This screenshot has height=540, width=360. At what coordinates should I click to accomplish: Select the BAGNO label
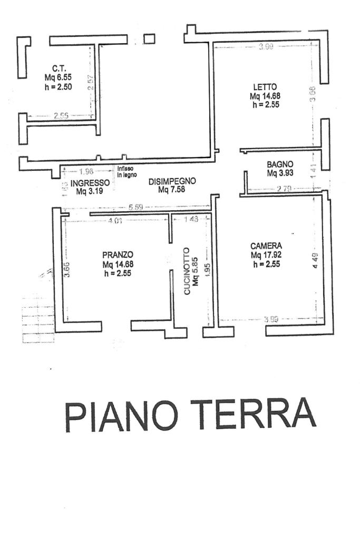click(279, 164)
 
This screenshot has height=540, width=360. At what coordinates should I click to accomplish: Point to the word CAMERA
click(266, 246)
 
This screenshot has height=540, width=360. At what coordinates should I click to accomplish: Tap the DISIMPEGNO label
click(172, 181)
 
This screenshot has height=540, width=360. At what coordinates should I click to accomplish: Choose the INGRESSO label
click(90, 183)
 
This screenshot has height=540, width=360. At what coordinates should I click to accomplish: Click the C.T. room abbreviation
click(58, 68)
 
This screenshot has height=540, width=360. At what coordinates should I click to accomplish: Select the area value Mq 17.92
click(268, 255)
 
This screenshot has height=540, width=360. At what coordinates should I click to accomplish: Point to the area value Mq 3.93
click(280, 173)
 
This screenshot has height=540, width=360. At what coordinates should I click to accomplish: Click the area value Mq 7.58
click(171, 190)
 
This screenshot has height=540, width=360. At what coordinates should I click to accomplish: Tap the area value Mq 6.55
click(58, 77)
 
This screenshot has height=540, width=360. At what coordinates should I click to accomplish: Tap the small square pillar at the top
click(149, 38)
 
